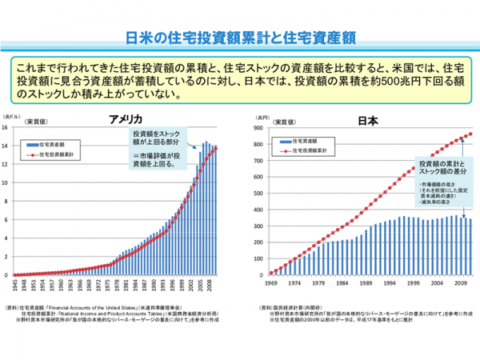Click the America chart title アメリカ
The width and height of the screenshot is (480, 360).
[x=126, y=119]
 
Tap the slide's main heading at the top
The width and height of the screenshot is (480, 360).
[x=240, y=38]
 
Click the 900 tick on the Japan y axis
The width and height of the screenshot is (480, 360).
[x=258, y=127]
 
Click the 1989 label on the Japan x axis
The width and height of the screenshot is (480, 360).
[x=366, y=283]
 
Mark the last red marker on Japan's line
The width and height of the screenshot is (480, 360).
[x=470, y=134]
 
